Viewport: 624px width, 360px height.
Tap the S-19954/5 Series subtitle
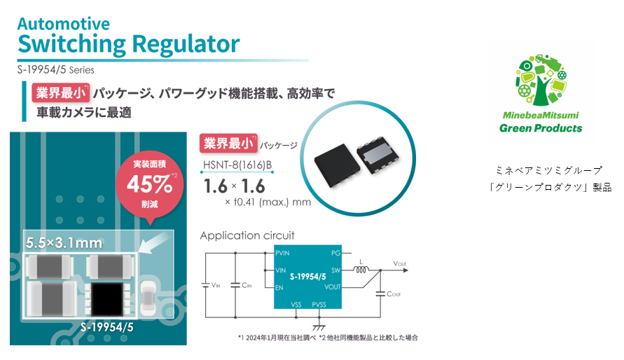point(56,69)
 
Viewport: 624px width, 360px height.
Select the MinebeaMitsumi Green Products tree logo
point(540,83)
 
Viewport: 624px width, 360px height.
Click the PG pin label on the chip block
point(335,252)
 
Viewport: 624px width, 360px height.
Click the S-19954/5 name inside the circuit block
point(309,277)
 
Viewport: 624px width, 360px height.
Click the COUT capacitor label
point(395,294)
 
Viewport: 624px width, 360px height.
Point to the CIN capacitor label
point(245,284)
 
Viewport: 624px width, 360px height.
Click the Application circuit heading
point(247,235)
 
